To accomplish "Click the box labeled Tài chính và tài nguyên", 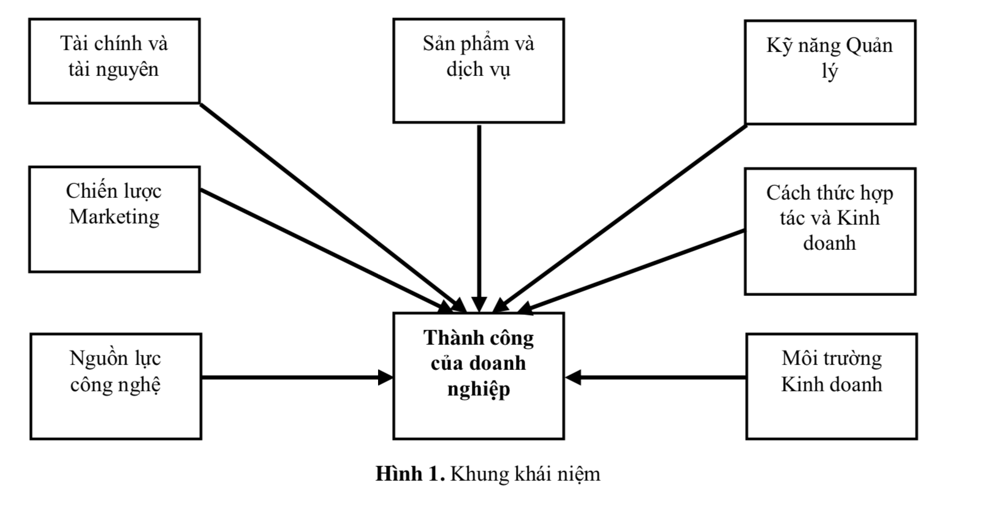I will (115, 61).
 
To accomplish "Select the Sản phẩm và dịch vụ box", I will (478, 70).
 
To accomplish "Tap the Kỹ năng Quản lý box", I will (830, 72).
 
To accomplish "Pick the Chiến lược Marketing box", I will (115, 219).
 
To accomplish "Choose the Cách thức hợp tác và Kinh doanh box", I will (830, 231).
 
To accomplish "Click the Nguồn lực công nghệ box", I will (116, 386).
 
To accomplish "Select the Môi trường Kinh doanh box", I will (831, 386).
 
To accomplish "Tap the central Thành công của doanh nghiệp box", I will (478, 375).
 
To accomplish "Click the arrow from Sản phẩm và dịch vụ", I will (479, 214).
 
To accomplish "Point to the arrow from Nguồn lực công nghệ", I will (294, 377).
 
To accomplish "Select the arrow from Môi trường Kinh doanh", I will (656, 377).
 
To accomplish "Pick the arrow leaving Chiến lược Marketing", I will (325, 247).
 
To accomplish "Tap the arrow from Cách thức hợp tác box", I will (631, 269).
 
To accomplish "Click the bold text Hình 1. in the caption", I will (410, 474).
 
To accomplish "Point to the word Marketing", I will (115, 217).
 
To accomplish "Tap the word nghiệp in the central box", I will (478, 390).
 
